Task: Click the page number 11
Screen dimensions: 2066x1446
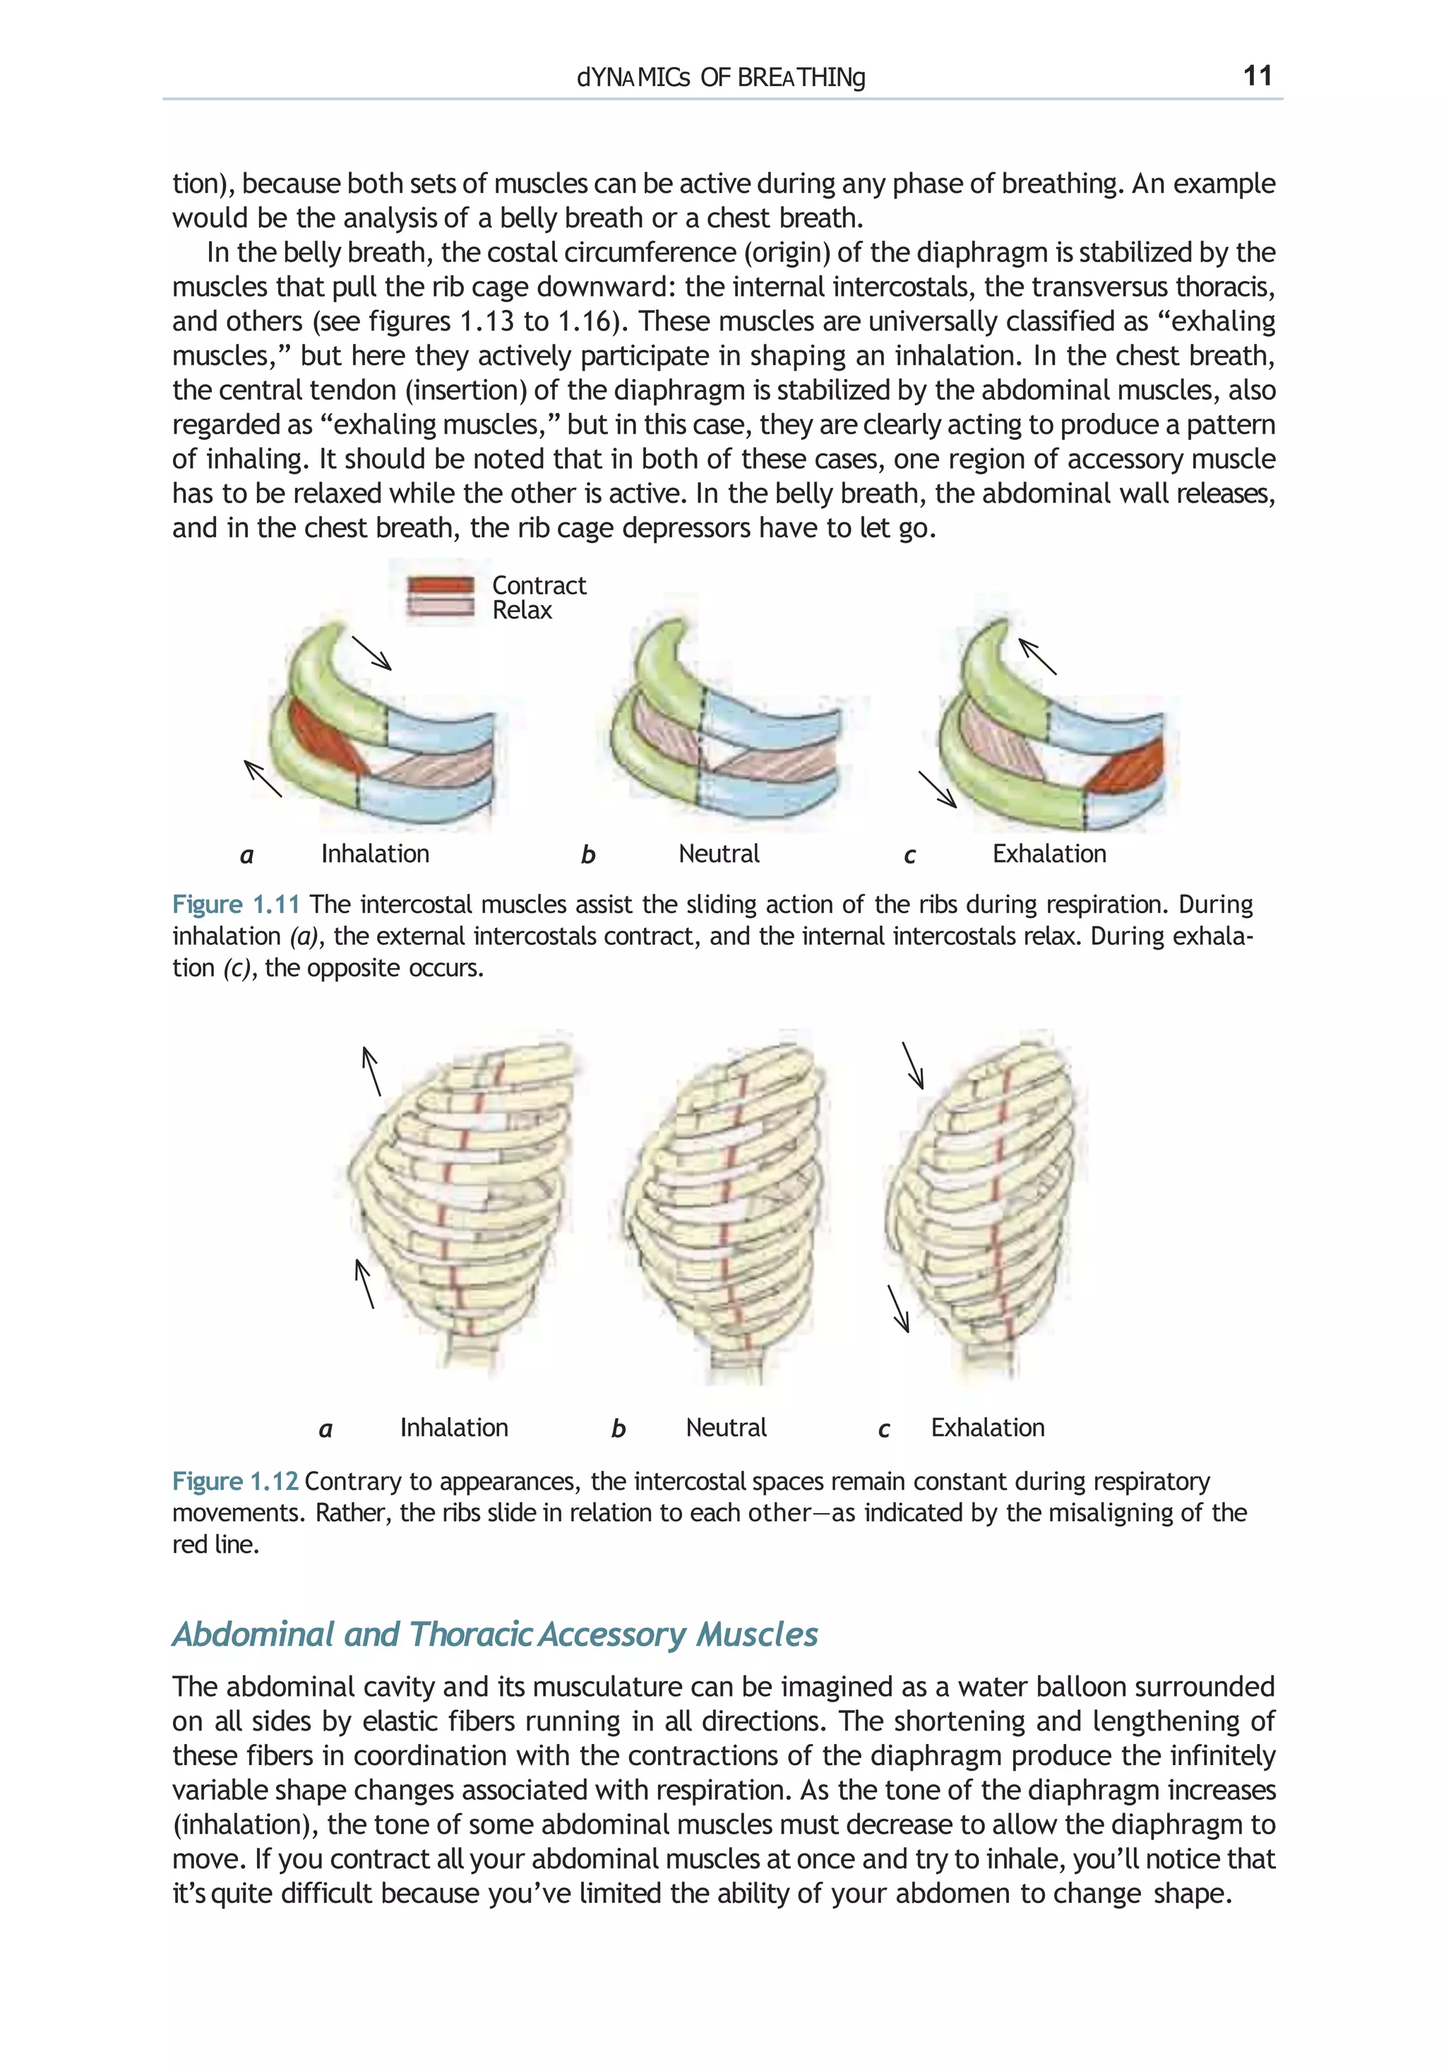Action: coord(1256,76)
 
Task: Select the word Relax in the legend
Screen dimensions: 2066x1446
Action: coord(521,610)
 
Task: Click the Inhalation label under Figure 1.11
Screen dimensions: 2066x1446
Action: coord(375,853)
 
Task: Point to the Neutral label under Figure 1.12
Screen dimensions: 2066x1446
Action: coord(725,1427)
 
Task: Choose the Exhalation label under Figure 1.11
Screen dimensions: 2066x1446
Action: coord(1048,853)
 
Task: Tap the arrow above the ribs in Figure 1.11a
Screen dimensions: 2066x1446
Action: coord(371,653)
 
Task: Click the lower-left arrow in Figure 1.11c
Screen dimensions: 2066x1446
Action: coord(937,789)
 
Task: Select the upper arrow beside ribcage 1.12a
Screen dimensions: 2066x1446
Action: coord(371,1071)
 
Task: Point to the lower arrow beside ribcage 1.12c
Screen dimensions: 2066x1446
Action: coord(898,1308)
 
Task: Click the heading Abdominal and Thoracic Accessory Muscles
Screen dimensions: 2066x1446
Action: coord(495,1634)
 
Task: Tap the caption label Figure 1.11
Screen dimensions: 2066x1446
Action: coord(235,904)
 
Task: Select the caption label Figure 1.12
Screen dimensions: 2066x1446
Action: coord(235,1481)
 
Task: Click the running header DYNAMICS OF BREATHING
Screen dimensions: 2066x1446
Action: coord(721,78)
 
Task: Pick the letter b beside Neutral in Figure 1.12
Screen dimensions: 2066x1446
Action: coord(619,1429)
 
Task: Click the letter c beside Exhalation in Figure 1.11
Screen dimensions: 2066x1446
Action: coord(909,855)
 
